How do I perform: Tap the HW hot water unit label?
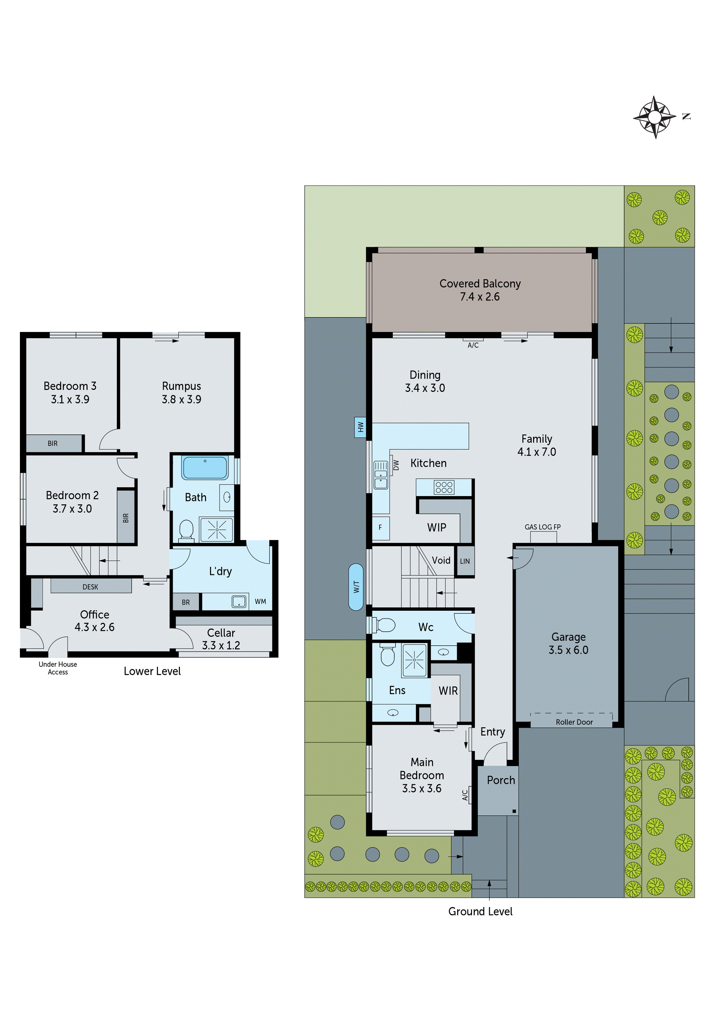[x=360, y=427]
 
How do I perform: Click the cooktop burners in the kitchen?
[x=444, y=487]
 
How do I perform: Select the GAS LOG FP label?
[x=542, y=527]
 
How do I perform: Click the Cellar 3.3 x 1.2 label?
[x=221, y=639]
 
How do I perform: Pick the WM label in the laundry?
[x=260, y=601]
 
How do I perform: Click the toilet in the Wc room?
[x=384, y=625]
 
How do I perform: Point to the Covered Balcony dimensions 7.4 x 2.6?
[x=480, y=297]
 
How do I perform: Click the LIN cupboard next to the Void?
[x=465, y=561]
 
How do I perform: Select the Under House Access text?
[x=58, y=668]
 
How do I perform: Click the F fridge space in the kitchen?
[x=381, y=527]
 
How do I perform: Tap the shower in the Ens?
[x=414, y=660]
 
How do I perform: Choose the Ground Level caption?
[x=480, y=912]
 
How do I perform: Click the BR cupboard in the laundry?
[x=186, y=602]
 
